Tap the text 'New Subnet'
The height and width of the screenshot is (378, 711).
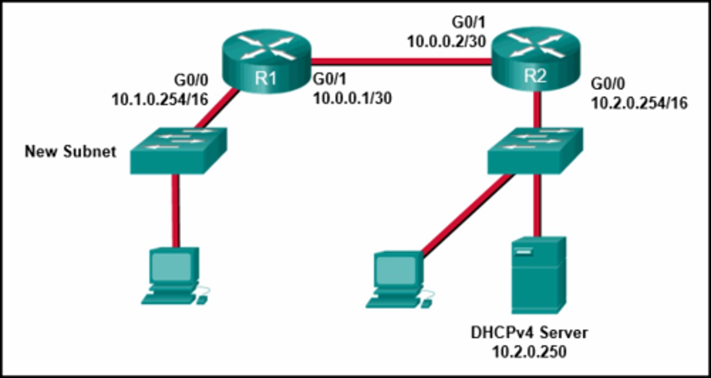pos(71,151)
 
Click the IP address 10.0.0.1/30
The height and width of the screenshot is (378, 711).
pos(353,98)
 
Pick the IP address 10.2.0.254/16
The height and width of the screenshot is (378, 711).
pos(639,104)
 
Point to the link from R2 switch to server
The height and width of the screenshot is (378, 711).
pos(538,205)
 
